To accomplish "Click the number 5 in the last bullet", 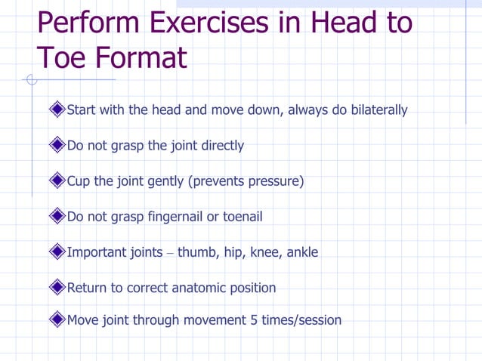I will [x=253, y=320].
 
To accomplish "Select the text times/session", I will [x=301, y=320].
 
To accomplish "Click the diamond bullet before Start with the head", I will [x=57, y=110].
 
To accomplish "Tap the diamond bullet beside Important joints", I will [x=57, y=252].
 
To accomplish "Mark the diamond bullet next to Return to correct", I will [x=57, y=288].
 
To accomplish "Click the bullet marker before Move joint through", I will [x=57, y=320].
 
